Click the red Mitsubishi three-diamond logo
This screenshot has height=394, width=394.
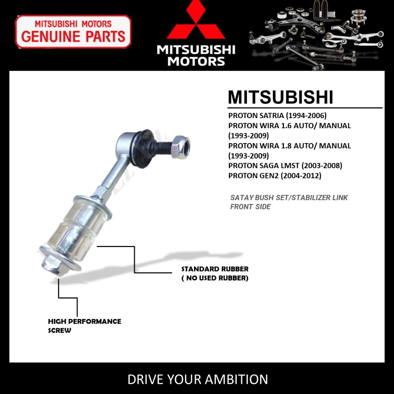point(195,21)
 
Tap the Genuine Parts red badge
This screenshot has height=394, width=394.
point(73,32)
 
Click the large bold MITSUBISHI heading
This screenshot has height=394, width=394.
point(280,97)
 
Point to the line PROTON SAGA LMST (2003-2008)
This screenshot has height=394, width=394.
point(285,166)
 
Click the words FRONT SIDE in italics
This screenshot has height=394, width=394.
point(250,207)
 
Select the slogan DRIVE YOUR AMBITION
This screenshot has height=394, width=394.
point(197,379)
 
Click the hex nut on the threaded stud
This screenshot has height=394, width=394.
point(180,147)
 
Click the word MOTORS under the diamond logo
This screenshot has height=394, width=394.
point(196,61)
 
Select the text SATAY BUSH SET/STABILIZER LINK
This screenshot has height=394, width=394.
point(289,198)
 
